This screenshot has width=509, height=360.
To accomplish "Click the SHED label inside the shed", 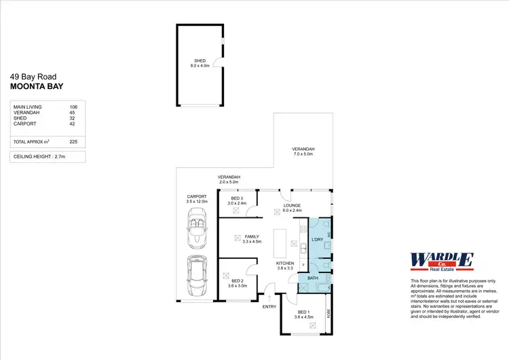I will tap(200, 61).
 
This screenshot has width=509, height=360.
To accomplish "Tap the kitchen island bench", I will tap(280, 242).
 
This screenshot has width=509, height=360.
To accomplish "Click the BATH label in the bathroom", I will tap(313, 278).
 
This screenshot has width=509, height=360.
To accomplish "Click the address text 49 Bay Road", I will tap(33, 77).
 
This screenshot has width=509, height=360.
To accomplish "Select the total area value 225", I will tap(73, 141).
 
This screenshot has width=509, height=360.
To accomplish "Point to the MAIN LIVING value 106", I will tap(73, 107).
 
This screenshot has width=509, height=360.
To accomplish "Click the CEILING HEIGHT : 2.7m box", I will tap(48, 157).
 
